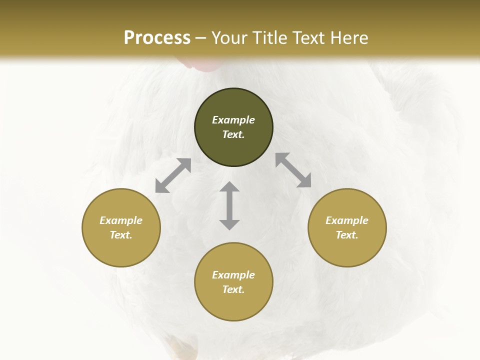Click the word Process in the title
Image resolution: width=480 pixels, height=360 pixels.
pos(157,38)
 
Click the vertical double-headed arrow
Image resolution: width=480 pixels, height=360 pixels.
pos(229,205)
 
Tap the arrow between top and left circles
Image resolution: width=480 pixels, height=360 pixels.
pos(173,175)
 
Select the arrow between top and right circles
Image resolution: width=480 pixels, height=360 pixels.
pos(293,170)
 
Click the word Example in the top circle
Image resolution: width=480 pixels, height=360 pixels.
pos(233,120)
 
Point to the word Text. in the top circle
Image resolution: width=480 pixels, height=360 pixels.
pos(233,134)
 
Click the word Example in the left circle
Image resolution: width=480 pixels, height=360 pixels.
pos(121,220)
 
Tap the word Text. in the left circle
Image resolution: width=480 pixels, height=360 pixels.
pos(121,235)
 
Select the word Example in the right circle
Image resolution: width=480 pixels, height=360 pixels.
pos(347,220)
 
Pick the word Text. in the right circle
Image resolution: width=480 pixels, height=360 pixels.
pos(347,235)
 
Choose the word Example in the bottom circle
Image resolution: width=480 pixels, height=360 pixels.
pos(233,275)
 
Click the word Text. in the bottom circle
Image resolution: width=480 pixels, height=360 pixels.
pos(233,289)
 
